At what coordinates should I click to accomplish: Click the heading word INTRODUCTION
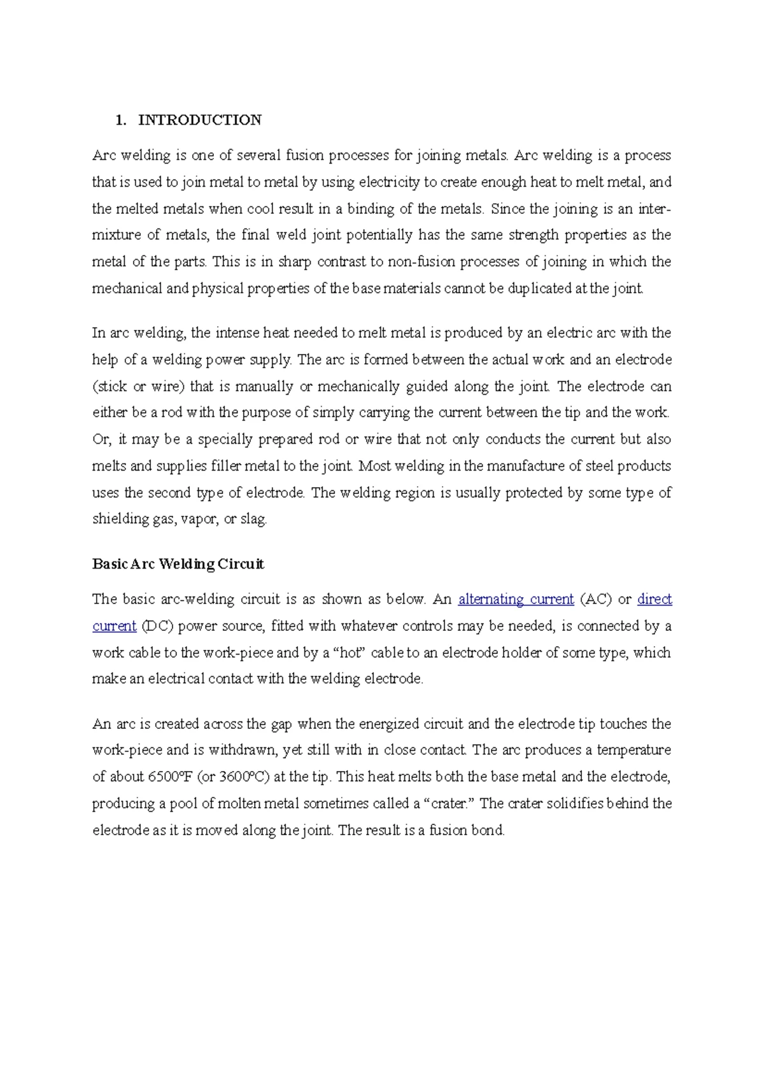click(x=200, y=120)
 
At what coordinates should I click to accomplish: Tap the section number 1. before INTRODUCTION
click(x=120, y=120)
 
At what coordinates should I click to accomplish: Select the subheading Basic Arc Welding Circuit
click(x=178, y=564)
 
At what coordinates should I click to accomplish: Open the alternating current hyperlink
click(x=516, y=599)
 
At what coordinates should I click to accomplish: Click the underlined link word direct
click(x=654, y=599)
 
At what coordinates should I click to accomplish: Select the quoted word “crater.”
click(x=450, y=803)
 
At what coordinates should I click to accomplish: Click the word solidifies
click(x=564, y=803)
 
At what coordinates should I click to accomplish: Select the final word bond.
click(x=487, y=830)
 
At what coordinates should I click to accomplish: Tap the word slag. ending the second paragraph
click(x=254, y=519)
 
